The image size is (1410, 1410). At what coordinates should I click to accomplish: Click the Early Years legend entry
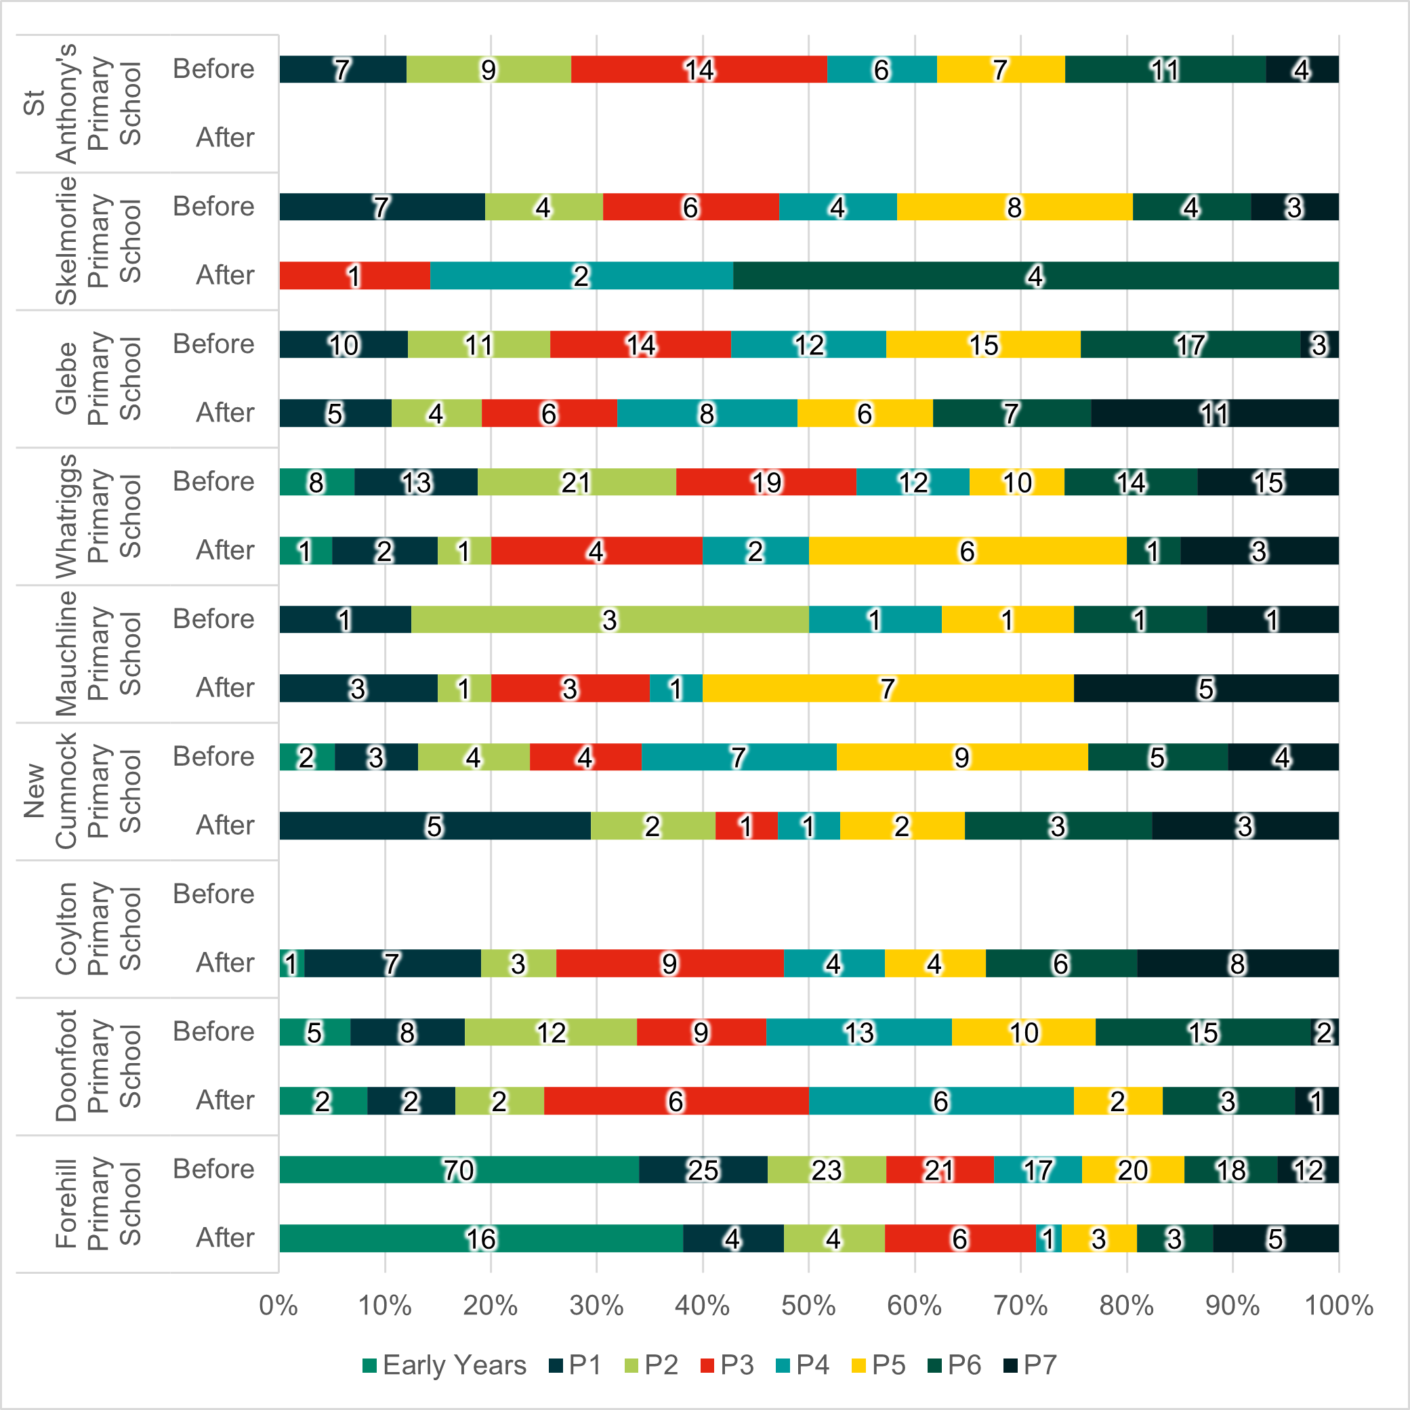tap(444, 1365)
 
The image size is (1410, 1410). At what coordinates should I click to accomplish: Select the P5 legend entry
tap(879, 1365)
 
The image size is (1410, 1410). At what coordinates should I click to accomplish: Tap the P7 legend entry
tap(1030, 1365)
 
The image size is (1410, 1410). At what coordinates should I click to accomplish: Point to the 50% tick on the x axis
tap(808, 1306)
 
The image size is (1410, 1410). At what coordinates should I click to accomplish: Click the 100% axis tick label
tap(1338, 1306)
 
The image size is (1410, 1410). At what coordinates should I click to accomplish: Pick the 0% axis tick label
tap(278, 1306)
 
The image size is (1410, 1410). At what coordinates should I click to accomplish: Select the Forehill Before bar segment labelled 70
tap(459, 1170)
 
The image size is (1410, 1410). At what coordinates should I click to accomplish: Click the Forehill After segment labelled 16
tap(481, 1239)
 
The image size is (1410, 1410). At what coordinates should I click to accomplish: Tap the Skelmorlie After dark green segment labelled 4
tap(1035, 276)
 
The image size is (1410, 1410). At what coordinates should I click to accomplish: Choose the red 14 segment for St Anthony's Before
tap(699, 69)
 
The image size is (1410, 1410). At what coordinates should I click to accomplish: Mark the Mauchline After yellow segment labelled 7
tap(888, 688)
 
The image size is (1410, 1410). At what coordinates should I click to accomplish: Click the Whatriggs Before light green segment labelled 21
tap(577, 482)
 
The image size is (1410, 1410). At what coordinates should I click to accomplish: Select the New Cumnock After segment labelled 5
tap(435, 826)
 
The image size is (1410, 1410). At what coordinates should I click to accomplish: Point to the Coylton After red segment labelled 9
tap(669, 963)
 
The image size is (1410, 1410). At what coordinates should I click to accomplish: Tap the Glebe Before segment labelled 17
tap(1190, 344)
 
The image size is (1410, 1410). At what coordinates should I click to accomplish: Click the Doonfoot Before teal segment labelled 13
tap(859, 1033)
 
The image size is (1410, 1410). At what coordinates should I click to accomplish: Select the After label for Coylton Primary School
tap(225, 963)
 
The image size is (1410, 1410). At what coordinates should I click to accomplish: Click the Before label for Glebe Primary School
tap(213, 344)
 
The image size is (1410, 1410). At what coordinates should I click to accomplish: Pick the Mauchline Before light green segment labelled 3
tap(609, 619)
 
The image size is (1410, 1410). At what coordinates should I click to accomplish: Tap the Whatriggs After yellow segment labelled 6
tap(967, 551)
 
